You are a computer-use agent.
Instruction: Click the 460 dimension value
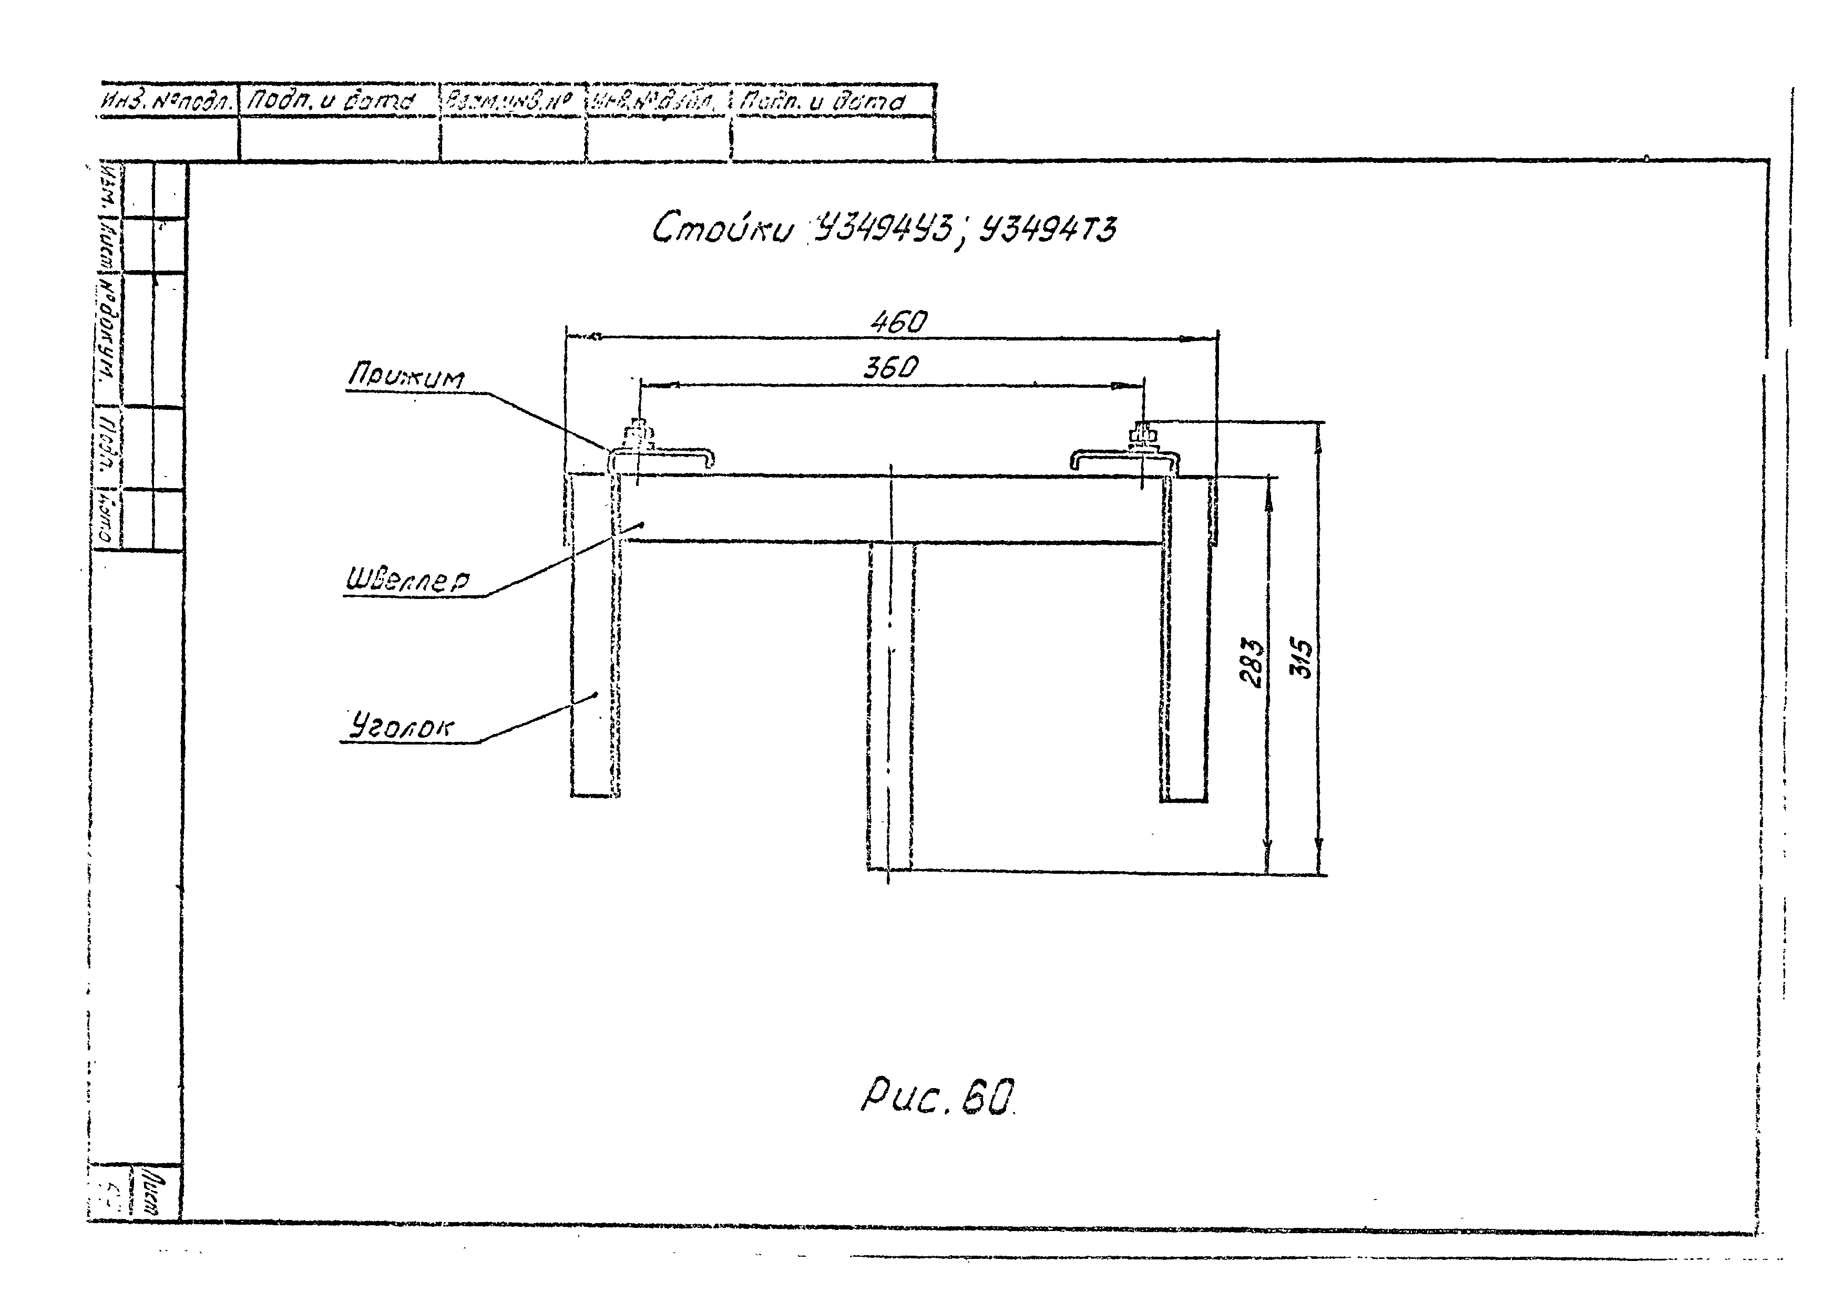pos(898,323)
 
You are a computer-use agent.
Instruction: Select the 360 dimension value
pos(890,368)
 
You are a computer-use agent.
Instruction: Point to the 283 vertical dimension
pos(1251,663)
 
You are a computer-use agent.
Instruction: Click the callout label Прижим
pos(406,377)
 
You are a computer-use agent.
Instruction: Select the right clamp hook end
pos(1076,460)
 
